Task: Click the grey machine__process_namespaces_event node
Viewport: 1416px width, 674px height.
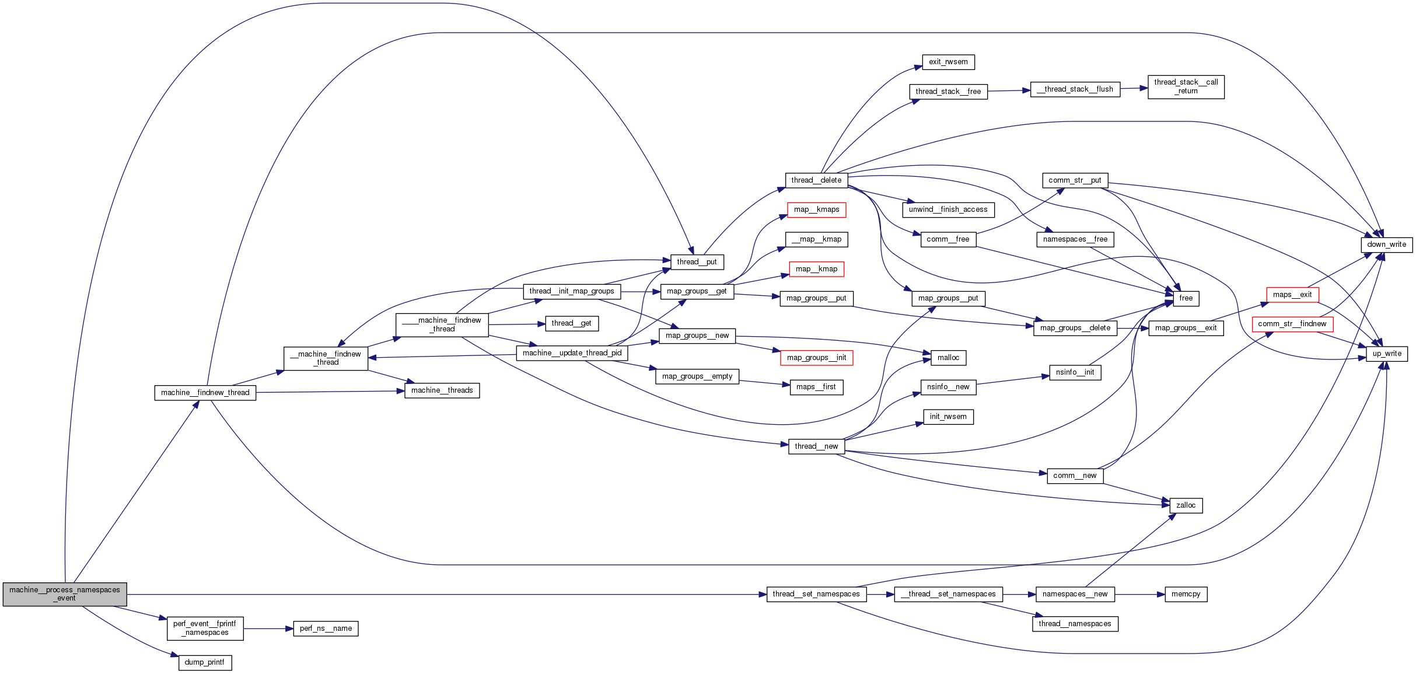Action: (65, 594)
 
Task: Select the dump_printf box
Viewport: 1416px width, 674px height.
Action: (205, 662)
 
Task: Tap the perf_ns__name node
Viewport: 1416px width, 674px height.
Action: (326, 628)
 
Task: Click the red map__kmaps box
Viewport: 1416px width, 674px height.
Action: (816, 209)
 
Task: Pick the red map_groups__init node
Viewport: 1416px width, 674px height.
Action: (816, 358)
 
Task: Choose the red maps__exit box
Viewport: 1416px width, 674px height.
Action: (1292, 295)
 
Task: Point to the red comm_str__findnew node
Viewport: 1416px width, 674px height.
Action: (1292, 324)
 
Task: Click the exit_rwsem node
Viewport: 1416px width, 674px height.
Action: (948, 62)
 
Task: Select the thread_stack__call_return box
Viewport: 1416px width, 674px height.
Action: (1186, 86)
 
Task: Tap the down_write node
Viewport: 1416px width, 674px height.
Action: (1386, 245)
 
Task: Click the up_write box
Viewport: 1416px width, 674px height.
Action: (1386, 354)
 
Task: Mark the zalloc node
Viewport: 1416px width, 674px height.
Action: (1186, 505)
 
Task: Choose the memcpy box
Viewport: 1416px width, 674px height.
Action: (1186, 594)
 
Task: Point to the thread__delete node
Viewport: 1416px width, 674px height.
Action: (816, 180)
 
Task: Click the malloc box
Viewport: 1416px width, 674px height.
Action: (948, 358)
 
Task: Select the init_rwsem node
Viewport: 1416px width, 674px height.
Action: (948, 417)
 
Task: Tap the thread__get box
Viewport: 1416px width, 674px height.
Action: (571, 323)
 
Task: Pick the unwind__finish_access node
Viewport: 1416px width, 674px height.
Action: (948, 209)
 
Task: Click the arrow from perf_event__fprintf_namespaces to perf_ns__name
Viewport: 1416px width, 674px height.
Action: (268, 628)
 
